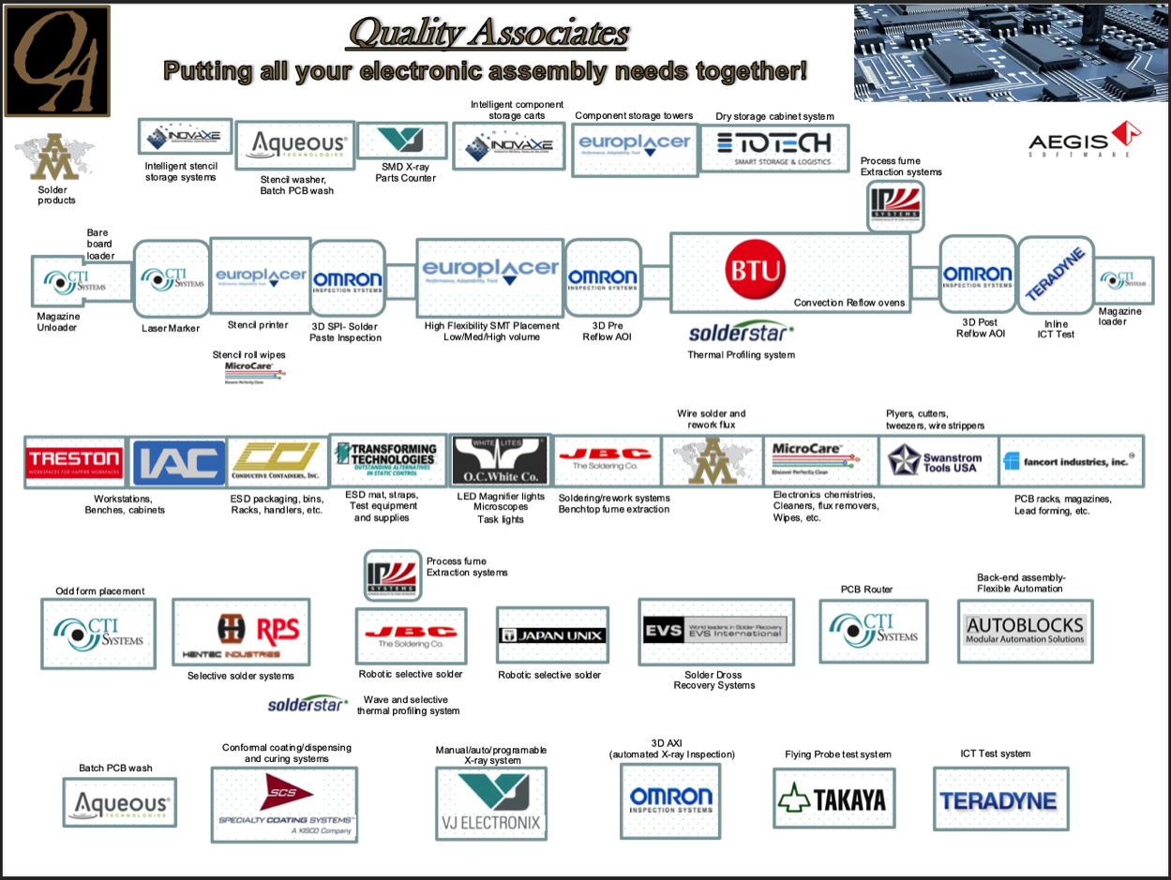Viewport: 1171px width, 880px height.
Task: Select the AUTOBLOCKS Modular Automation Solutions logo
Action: [x=1025, y=631]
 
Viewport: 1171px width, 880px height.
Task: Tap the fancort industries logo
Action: [x=1069, y=460]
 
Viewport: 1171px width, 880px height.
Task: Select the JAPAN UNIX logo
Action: [x=552, y=635]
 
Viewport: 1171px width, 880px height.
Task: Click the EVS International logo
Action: [x=714, y=631]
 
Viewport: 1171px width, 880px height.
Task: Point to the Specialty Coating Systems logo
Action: [x=284, y=804]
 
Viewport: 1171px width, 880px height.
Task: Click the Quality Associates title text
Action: [x=488, y=35]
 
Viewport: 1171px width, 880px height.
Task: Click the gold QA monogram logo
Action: [x=56, y=60]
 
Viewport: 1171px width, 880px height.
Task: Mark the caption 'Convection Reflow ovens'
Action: [x=849, y=303]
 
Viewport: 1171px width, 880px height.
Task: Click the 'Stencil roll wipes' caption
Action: [x=249, y=354]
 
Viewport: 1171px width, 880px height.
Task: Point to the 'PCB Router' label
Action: [x=866, y=589]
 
